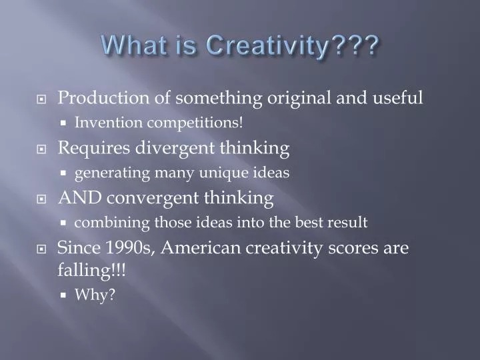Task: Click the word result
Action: coord(348,223)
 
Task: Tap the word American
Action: coord(201,248)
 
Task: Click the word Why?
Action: coord(95,295)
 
